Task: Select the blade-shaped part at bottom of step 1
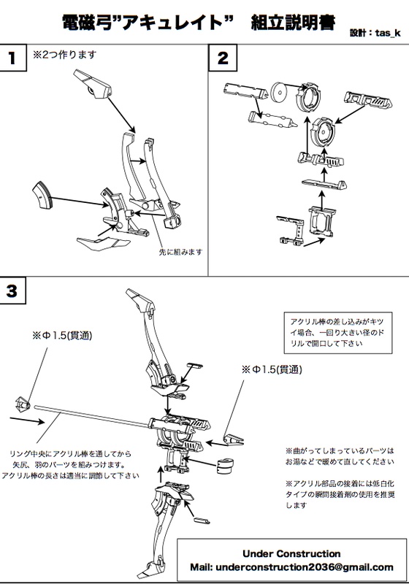pyautogui.click(x=96, y=240)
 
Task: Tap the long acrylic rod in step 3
pyautogui.click(x=95, y=416)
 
